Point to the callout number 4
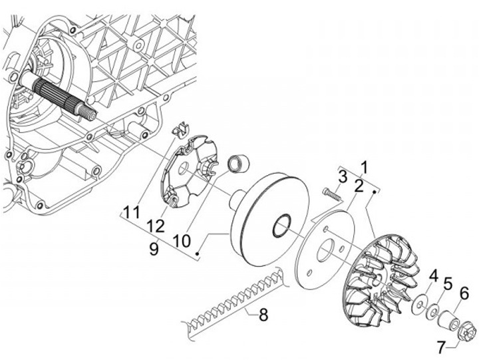point(433,275)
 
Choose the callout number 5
point(447,283)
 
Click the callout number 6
point(464,293)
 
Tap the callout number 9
point(154,248)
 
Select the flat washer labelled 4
point(420,304)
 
